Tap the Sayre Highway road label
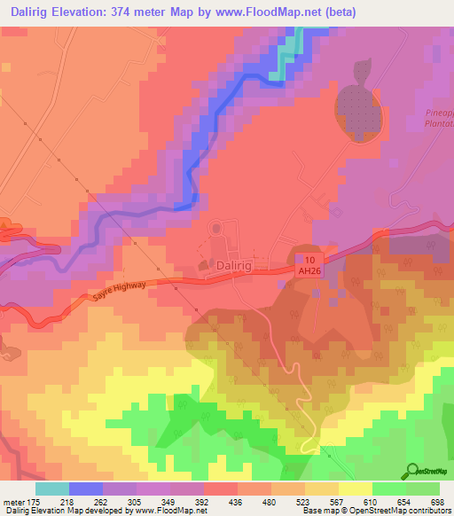click(116, 294)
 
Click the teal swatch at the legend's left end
click(51, 489)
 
